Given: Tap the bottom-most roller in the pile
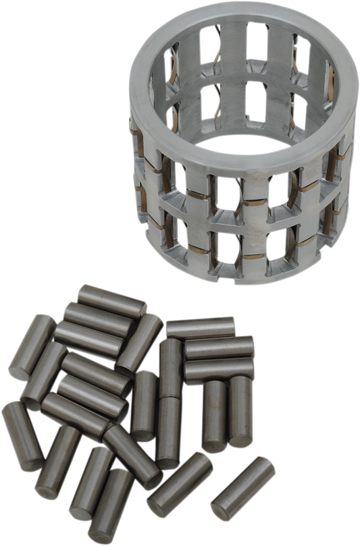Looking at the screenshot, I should tap(110, 503).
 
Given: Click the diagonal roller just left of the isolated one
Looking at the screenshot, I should tap(180, 483).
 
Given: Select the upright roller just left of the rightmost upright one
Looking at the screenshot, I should tap(215, 414).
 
